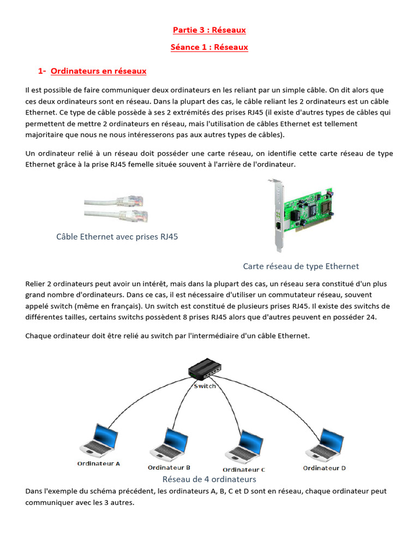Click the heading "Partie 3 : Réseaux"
(209, 29)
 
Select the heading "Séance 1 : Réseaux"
(209, 47)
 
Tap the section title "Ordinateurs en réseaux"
(98, 71)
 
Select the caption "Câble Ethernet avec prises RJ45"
(117, 236)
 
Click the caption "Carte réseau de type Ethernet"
(301, 266)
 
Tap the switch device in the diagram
(205, 369)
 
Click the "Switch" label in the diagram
(205, 386)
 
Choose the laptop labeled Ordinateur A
(99, 441)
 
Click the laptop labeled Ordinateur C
(244, 447)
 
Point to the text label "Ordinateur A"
(99, 463)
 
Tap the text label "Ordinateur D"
(325, 468)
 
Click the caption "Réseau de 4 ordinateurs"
(209, 479)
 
